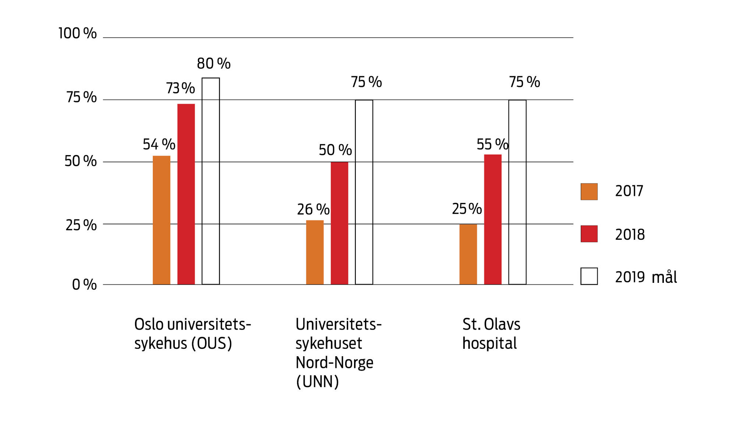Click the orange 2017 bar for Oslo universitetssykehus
(162, 220)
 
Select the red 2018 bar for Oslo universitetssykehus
(186, 194)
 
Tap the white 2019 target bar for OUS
(210, 181)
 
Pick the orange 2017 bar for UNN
(315, 252)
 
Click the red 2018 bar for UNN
(339, 223)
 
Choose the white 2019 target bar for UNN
(364, 192)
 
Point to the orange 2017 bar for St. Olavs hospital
(468, 254)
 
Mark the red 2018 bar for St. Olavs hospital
(493, 219)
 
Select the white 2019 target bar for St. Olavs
(517, 192)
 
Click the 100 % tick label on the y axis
(78, 34)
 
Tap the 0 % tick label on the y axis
(84, 284)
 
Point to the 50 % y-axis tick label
(81, 161)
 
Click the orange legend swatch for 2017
(589, 192)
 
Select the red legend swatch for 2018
(589, 234)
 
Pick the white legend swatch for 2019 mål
(589, 276)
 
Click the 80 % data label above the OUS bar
(213, 64)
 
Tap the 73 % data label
(180, 88)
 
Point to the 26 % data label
(313, 210)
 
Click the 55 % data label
(492, 144)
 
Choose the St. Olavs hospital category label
(491, 334)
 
